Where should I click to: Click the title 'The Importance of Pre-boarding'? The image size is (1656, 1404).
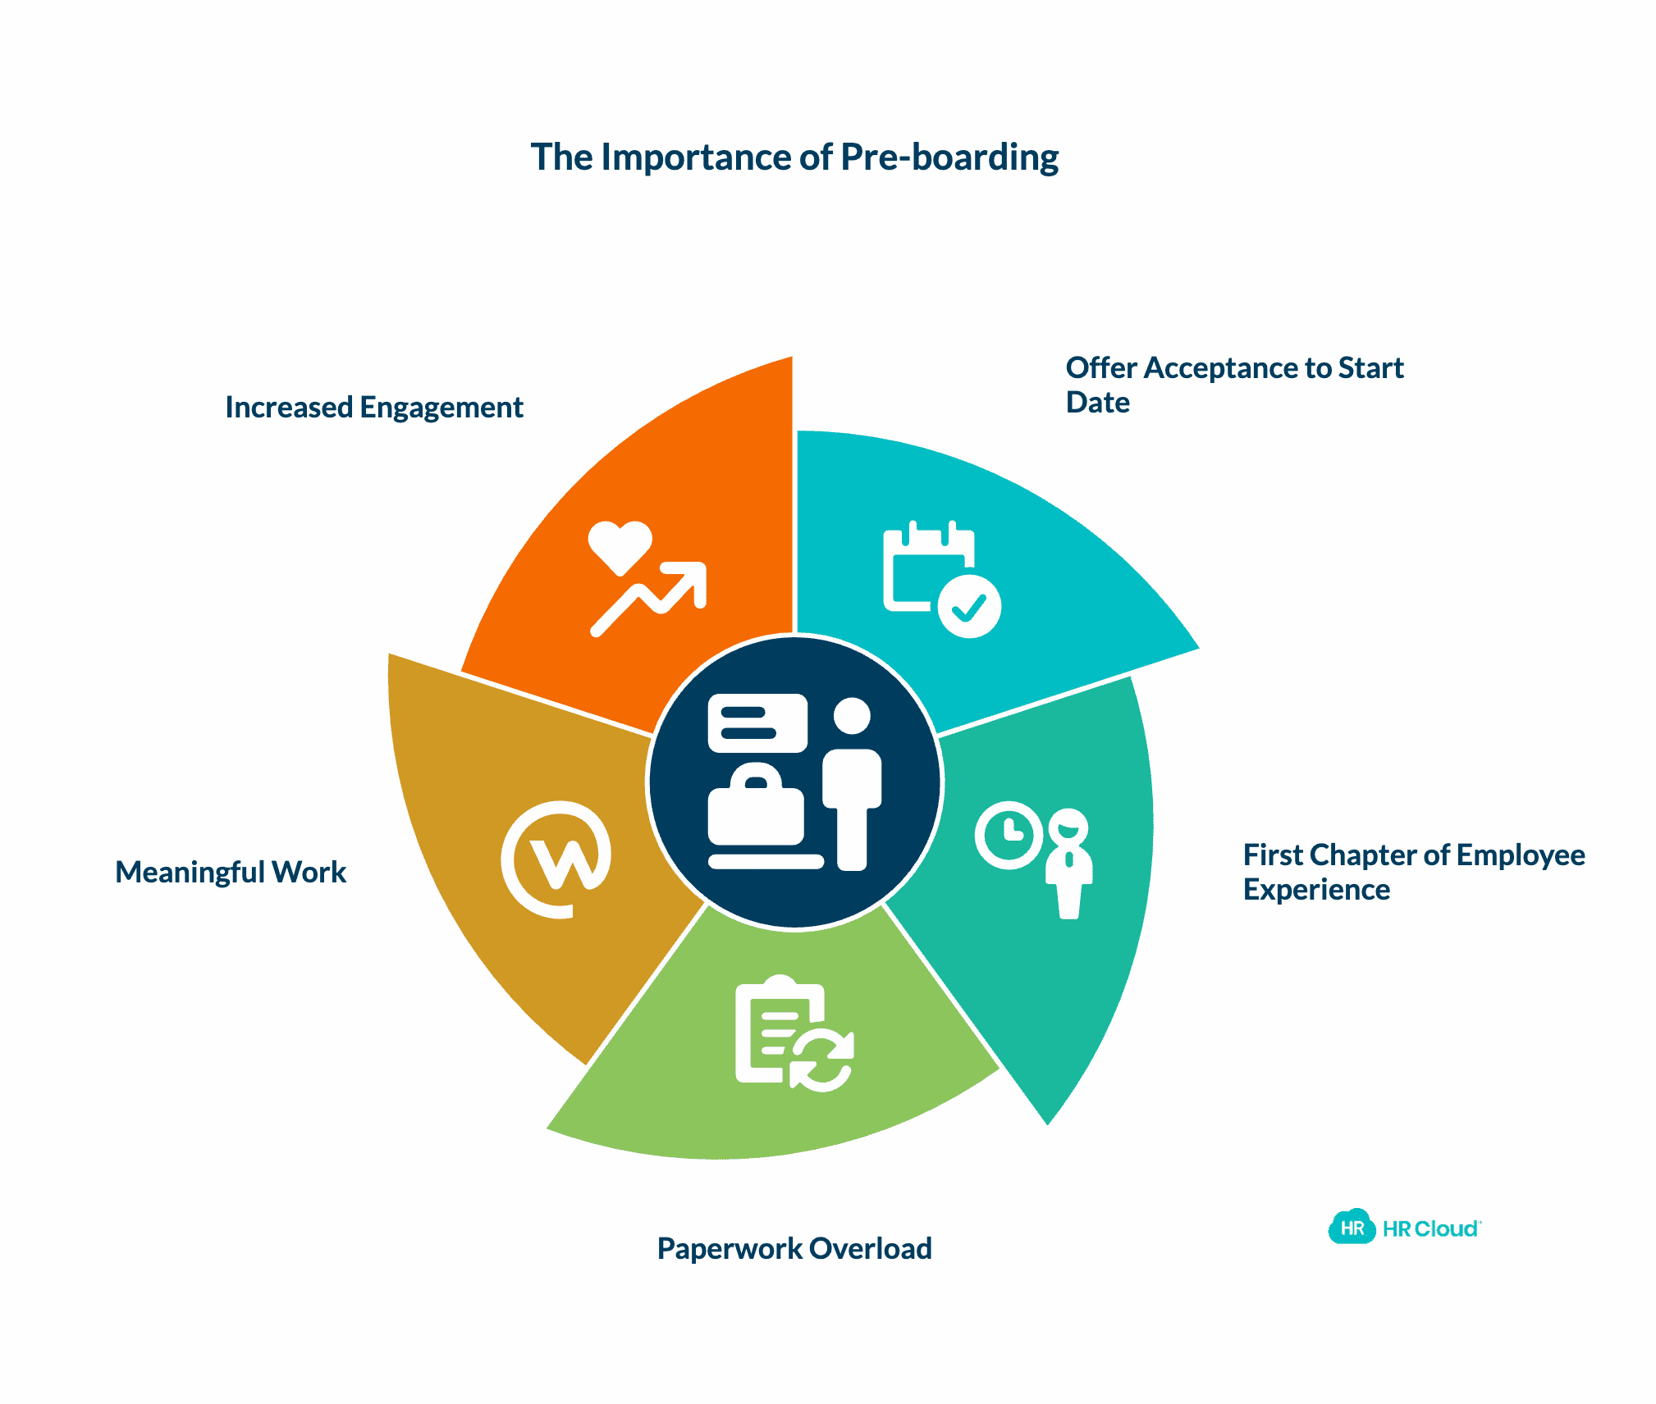tap(794, 157)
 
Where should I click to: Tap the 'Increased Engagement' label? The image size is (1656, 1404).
tap(374, 407)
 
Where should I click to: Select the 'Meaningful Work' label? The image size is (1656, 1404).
tap(231, 872)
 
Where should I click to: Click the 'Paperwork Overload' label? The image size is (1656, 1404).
tap(794, 1248)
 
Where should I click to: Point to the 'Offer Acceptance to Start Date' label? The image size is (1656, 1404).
tap(1233, 385)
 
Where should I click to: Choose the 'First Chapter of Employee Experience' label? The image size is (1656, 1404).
tap(1413, 872)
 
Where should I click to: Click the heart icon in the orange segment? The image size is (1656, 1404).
tap(620, 545)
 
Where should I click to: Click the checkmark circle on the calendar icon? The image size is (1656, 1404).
tap(969, 607)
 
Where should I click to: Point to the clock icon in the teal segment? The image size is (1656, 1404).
tap(1009, 835)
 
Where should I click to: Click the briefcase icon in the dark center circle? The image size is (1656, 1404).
tap(756, 807)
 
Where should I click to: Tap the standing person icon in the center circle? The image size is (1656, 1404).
tap(852, 783)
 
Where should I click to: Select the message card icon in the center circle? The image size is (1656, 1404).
tap(757, 723)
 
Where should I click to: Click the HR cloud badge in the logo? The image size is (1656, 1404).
tap(1352, 1227)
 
